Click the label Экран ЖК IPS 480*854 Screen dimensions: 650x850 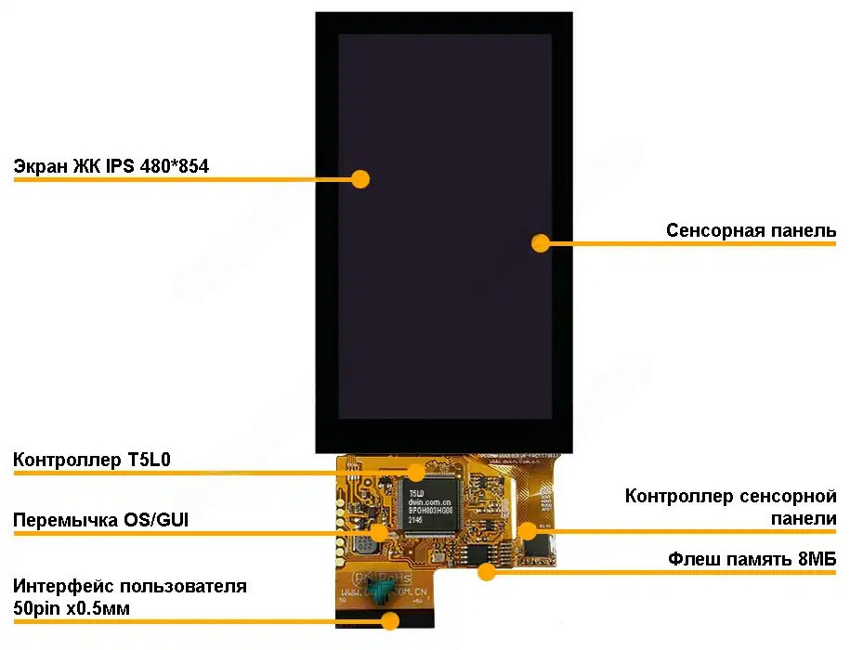click(111, 166)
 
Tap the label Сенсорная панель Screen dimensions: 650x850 click(751, 230)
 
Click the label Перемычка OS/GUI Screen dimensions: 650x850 click(100, 519)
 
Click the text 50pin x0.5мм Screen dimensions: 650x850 click(72, 608)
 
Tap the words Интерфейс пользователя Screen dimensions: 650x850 click(129, 586)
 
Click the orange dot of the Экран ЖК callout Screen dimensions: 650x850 click(360, 179)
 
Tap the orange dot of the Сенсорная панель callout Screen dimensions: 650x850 click(541, 243)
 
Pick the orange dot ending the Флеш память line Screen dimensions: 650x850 click(486, 571)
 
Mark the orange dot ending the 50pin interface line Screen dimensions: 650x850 click(390, 620)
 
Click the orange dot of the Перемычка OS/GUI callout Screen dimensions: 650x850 click(378, 532)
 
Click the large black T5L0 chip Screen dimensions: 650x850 click(429, 507)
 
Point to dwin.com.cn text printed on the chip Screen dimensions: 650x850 click(430, 501)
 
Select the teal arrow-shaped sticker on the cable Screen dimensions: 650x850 click(382, 593)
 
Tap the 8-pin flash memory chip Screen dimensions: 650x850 click(479, 554)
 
